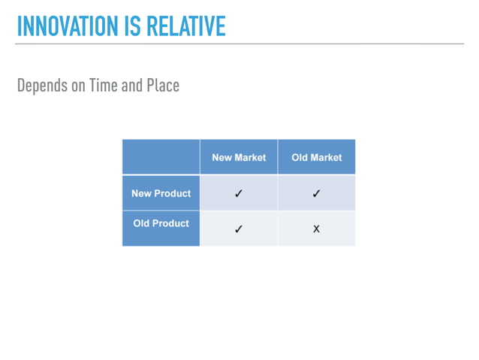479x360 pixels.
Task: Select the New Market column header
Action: click(x=239, y=158)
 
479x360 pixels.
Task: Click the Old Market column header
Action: click(x=316, y=158)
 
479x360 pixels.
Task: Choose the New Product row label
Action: click(x=161, y=193)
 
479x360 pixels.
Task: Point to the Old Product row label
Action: click(x=161, y=223)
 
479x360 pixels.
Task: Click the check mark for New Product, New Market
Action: click(x=239, y=194)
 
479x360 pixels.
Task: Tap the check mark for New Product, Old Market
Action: click(x=316, y=194)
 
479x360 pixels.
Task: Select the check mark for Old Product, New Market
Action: click(x=239, y=229)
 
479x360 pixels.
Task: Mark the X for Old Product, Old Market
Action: click(x=316, y=229)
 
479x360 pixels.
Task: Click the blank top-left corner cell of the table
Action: click(x=161, y=157)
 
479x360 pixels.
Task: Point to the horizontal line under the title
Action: click(x=239, y=44)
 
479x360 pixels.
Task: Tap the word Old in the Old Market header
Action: click(x=300, y=158)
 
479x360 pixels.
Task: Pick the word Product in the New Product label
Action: click(x=173, y=193)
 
